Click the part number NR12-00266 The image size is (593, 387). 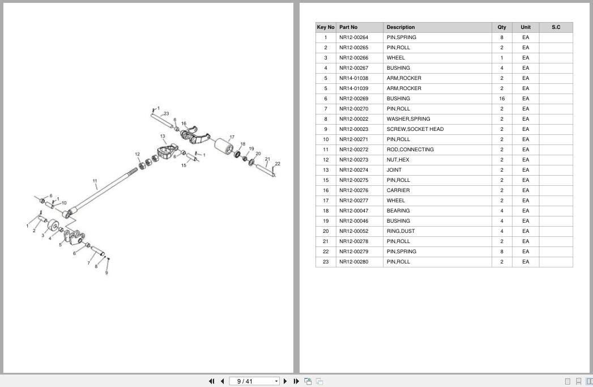click(353, 58)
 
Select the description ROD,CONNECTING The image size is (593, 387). click(410, 150)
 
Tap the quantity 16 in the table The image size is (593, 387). click(502, 99)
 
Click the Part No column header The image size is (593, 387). click(348, 27)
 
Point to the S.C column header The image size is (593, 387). click(556, 27)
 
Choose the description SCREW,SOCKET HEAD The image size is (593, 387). click(415, 129)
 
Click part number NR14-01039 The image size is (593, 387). click(353, 88)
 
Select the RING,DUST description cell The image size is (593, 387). click(400, 231)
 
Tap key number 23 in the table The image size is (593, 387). click(326, 262)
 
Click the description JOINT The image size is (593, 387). click(394, 170)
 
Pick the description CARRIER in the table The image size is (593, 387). click(398, 190)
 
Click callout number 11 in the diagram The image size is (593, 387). click(95, 181)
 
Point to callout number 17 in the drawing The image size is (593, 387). click(232, 137)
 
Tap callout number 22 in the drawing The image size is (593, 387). click(278, 164)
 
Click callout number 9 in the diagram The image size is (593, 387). click(106, 273)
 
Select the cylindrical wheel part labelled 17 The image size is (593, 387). click(223, 146)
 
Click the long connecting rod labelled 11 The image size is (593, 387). click(102, 190)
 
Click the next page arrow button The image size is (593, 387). click(285, 381)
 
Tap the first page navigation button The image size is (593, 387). click(212, 381)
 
